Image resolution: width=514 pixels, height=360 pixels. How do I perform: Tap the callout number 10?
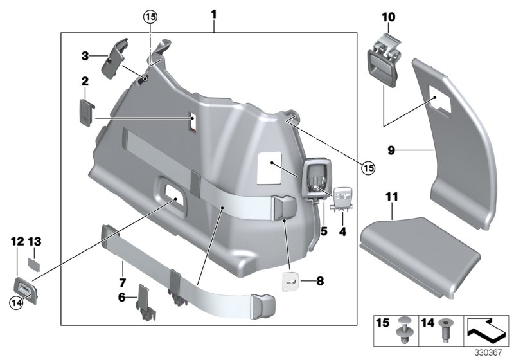(389, 16)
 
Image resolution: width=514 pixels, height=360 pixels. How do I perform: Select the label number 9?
(391, 150)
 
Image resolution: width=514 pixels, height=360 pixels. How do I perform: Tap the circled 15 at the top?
(150, 17)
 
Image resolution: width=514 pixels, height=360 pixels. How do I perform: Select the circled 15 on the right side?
(368, 168)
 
